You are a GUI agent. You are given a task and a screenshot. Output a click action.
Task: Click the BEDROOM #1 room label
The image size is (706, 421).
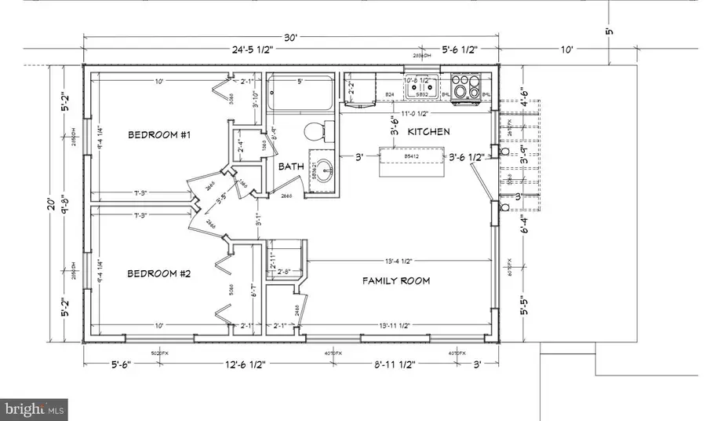point(159,135)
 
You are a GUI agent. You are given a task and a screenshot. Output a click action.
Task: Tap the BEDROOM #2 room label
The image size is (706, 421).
point(159,274)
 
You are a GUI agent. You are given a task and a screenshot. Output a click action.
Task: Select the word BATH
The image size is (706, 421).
point(291,167)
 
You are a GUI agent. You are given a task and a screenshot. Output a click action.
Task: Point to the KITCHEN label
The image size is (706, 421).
point(428,132)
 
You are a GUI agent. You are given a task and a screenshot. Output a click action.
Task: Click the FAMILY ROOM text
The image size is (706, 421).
point(395,280)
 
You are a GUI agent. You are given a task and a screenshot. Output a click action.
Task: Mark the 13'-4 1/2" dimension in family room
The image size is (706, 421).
point(399,260)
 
